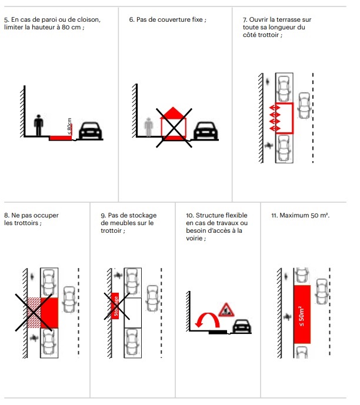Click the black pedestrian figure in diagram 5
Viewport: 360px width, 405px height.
[39, 124]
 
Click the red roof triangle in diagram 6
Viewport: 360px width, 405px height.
[172, 112]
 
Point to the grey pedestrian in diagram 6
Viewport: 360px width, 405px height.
[149, 126]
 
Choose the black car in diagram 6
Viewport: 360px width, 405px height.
[205, 130]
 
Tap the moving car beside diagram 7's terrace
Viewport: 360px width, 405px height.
[305, 105]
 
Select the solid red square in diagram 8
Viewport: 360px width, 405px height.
[49, 313]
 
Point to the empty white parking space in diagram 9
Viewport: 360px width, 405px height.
[133, 312]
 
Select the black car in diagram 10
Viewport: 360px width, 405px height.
[241, 326]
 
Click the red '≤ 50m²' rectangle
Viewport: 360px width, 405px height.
[302, 314]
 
